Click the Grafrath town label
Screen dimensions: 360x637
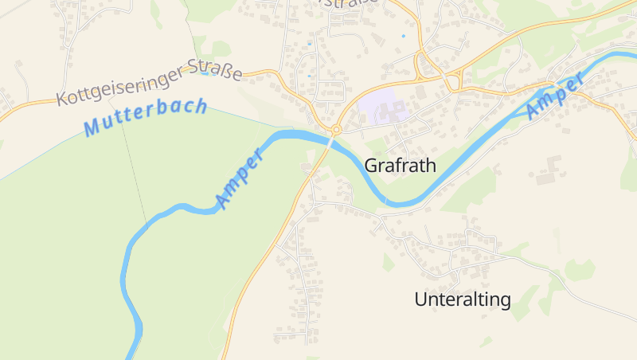(x=401, y=166)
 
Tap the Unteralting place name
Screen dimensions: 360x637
(x=462, y=300)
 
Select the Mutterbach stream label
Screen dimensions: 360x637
(x=145, y=116)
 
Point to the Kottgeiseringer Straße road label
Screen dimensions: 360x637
(x=149, y=82)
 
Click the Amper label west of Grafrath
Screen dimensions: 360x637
(x=240, y=179)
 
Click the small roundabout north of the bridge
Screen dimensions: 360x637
(x=337, y=129)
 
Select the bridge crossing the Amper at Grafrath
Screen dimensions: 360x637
(x=330, y=142)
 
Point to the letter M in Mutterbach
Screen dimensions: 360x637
(x=92, y=127)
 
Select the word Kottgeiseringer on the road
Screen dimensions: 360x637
(x=119, y=88)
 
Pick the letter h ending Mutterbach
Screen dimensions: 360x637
(x=201, y=105)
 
